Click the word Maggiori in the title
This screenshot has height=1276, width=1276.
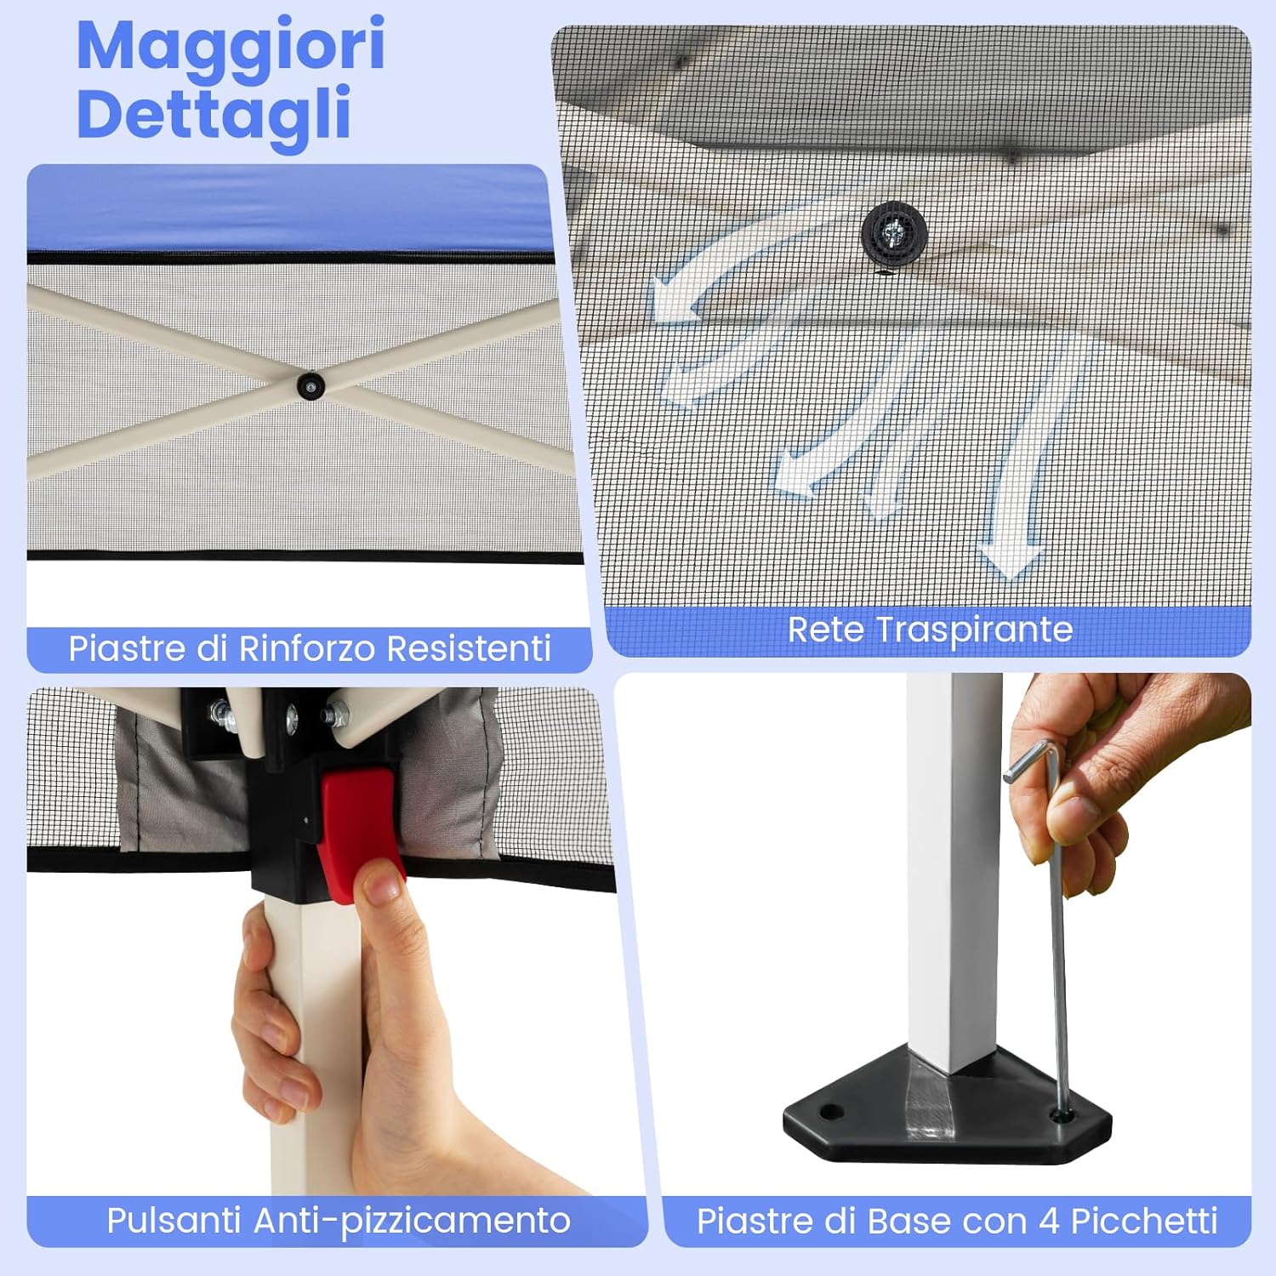pos(230,47)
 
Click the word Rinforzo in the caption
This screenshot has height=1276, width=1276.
pos(309,648)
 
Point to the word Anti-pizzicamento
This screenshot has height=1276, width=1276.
pos(412,1221)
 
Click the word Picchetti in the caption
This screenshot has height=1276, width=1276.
pos(1144,1222)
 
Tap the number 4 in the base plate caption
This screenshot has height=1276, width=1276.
pos(1049,1222)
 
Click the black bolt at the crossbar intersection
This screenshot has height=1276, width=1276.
pos(311,385)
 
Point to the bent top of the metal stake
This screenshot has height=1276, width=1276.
pos(1034,760)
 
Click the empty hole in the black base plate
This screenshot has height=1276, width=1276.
pos(831,1111)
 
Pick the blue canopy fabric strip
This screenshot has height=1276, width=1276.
pos(289,208)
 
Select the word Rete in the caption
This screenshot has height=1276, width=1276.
pos(827,629)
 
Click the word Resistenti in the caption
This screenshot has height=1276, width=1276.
pos(469,648)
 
